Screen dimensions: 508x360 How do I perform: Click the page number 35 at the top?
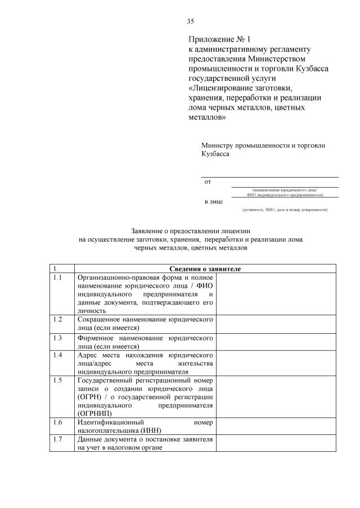pos(190,21)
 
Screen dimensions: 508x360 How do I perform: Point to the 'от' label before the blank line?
pos(208,182)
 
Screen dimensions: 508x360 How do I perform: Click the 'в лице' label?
pos(213,201)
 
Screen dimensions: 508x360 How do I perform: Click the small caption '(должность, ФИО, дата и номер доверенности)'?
pos(285,210)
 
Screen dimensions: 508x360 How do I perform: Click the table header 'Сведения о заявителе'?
pos(205,269)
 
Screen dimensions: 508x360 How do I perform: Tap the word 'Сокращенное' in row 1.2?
pos(99,319)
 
